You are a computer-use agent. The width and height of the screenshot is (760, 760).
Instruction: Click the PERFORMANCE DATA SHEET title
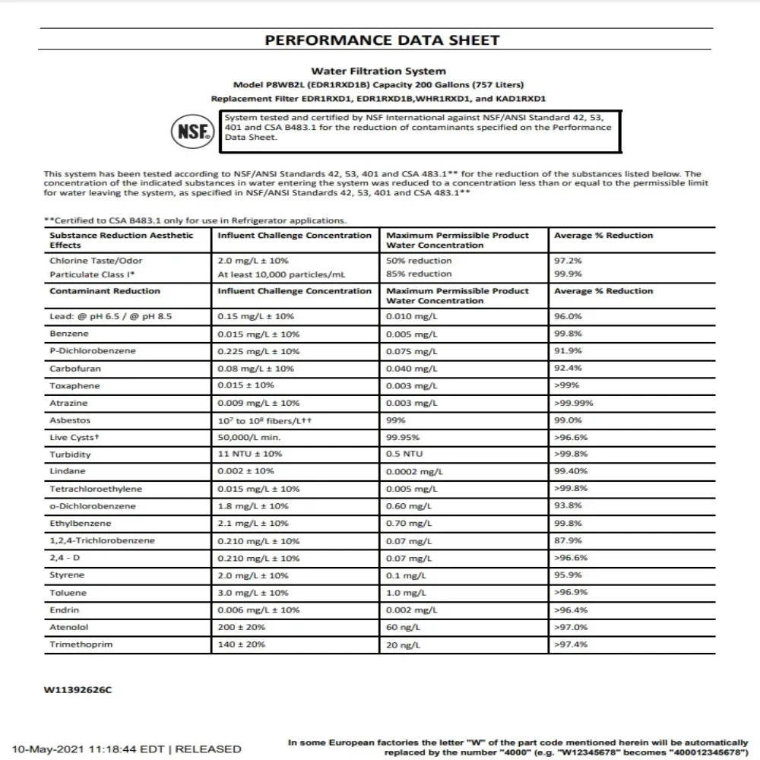coord(382,40)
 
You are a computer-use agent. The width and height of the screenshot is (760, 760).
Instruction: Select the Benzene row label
coord(69,334)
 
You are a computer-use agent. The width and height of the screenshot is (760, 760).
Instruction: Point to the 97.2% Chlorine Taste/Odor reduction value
coord(568,261)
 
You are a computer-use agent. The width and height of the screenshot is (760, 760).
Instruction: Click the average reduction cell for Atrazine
coord(574,403)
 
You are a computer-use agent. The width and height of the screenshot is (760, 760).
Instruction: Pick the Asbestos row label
coord(70,420)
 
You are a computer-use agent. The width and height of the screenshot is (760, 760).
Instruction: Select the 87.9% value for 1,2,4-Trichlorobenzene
coord(568,541)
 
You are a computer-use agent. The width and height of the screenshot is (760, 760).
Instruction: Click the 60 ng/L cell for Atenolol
coord(402,627)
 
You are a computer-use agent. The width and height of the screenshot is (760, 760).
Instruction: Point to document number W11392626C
coord(78,691)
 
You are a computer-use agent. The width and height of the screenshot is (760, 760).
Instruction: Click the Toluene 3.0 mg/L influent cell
coord(253,593)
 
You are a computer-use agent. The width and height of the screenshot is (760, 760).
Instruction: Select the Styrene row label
coord(68,575)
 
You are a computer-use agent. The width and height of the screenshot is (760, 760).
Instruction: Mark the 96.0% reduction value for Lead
coord(568,316)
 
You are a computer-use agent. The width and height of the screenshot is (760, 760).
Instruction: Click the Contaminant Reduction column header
coord(105,291)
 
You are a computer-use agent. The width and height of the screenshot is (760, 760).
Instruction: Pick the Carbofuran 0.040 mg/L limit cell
coord(411,369)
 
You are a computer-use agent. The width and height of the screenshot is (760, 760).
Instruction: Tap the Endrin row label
coord(65,610)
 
